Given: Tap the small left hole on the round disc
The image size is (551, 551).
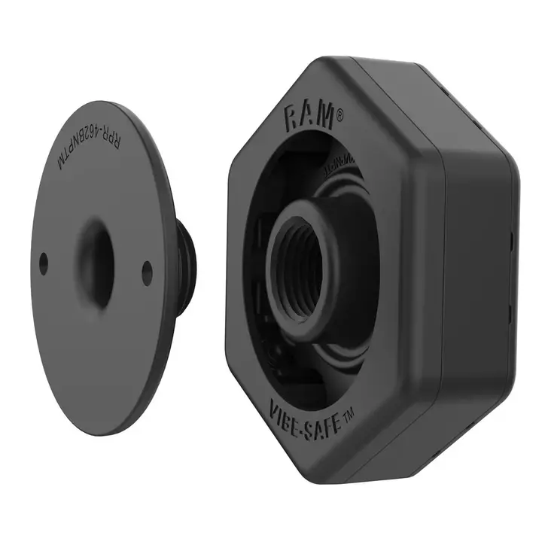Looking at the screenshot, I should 43,262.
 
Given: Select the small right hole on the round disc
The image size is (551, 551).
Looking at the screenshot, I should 147,272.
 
